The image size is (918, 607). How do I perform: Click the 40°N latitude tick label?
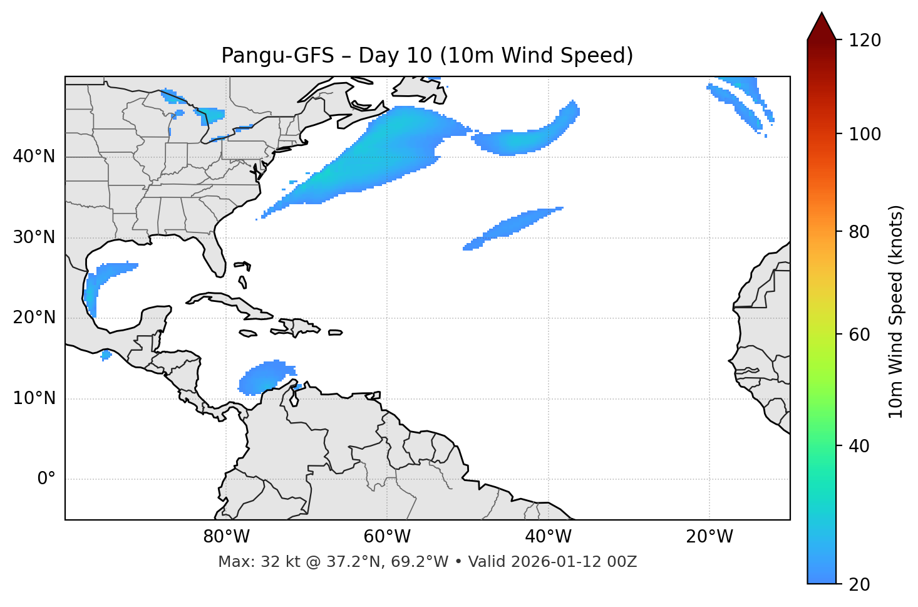coord(34,157)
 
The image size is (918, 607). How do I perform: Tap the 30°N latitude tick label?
coord(34,237)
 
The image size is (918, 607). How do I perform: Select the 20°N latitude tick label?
coord(34,318)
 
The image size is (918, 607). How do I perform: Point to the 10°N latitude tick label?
coord(34,398)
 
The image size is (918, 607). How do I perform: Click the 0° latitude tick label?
coord(46,479)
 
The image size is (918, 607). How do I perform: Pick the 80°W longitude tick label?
coord(226,537)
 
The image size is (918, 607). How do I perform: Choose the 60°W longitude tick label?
coord(387,537)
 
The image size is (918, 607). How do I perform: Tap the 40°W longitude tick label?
coord(548,537)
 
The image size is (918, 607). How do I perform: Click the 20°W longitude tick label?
coord(709,537)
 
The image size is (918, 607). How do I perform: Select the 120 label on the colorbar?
coord(865,41)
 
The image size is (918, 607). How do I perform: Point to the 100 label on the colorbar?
coord(865,134)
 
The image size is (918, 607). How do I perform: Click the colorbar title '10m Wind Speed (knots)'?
coord(896,311)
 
